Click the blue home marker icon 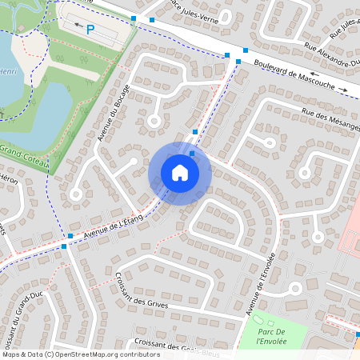[180, 173]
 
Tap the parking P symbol [90, 29]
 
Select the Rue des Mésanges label [330, 119]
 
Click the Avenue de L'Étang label [108, 230]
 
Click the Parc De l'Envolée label [271, 336]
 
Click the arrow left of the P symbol [78, 26]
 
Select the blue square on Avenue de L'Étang [70, 236]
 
